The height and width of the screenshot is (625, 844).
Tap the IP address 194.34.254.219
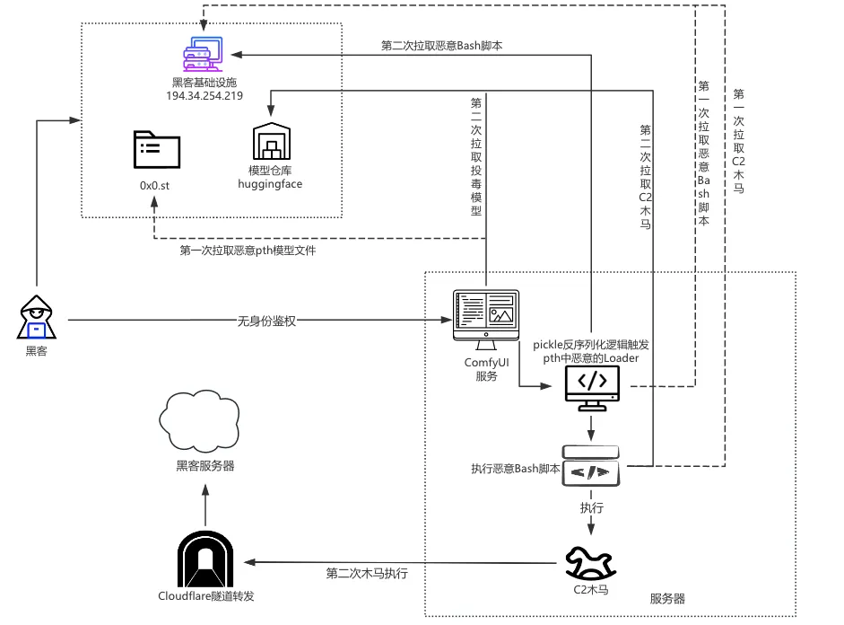[x=205, y=95]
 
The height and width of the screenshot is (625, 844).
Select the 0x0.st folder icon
[x=155, y=150]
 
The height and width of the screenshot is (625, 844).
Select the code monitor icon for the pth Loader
[x=591, y=387]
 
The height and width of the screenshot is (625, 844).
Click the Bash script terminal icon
[x=591, y=466]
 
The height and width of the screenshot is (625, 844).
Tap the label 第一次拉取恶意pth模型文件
[x=248, y=251]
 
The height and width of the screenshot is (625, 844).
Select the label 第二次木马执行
[x=367, y=573]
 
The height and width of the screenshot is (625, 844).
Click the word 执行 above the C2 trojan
[x=591, y=508]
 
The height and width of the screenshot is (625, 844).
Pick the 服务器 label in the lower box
[x=668, y=598]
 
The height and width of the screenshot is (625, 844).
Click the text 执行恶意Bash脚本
[x=515, y=469]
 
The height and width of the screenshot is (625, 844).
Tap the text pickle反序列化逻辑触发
[x=590, y=344]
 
